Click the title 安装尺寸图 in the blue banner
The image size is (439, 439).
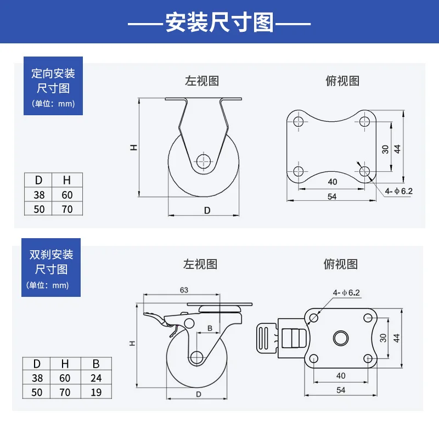pyautogui.click(x=219, y=23)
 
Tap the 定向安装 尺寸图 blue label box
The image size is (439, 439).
pyautogui.click(x=53, y=86)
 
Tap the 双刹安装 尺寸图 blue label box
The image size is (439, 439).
pyautogui.click(x=51, y=267)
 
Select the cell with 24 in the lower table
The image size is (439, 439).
pyautogui.click(x=96, y=378)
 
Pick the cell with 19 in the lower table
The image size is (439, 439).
pyautogui.click(x=96, y=392)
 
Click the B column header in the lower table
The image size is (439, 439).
pyautogui.click(x=96, y=363)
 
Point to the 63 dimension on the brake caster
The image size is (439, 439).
pyautogui.click(x=184, y=290)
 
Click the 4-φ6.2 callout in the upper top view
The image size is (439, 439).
pyautogui.click(x=398, y=191)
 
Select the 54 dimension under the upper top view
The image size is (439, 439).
pyautogui.click(x=333, y=196)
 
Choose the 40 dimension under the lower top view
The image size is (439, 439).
pyautogui.click(x=340, y=376)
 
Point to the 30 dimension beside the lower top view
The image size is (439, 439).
pyautogui.click(x=383, y=338)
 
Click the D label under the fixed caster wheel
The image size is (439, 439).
pyautogui.click(x=207, y=210)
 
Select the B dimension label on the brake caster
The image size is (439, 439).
pyautogui.click(x=209, y=329)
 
